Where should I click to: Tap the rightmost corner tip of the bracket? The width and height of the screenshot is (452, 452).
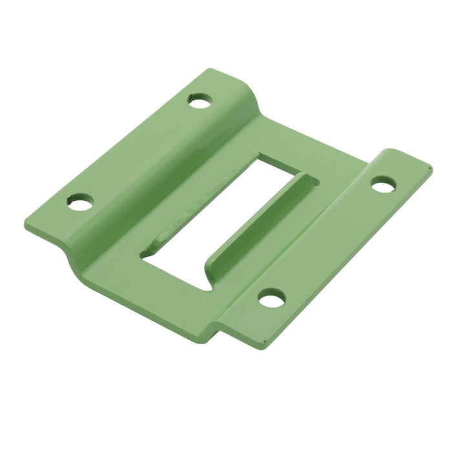click(x=429, y=169)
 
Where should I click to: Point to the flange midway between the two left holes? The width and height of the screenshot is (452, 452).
click(x=136, y=155)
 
